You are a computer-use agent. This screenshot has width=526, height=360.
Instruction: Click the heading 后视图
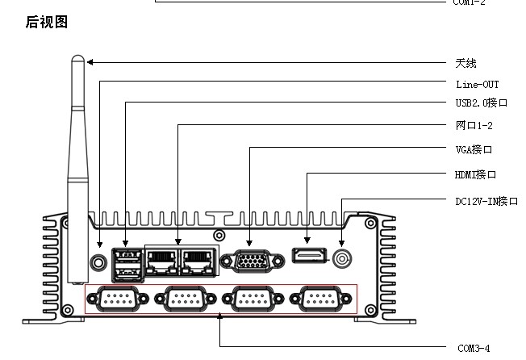pyautogui.click(x=47, y=22)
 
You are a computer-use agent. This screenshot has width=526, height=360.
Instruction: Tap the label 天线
pyautogui.click(x=465, y=63)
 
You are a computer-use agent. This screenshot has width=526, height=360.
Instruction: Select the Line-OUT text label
pyautogui.click(x=478, y=84)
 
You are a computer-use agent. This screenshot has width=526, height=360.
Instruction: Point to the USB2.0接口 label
pyautogui.click(x=482, y=104)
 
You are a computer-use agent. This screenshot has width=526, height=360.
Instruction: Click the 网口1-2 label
pyautogui.click(x=474, y=126)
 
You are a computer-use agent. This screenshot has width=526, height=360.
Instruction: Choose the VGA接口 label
pyautogui.click(x=474, y=149)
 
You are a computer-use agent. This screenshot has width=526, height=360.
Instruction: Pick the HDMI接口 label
pyautogui.click(x=476, y=174)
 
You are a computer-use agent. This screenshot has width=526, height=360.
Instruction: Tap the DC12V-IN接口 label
pyautogui.click(x=486, y=201)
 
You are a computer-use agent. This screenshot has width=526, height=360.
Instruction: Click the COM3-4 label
pyautogui.click(x=474, y=349)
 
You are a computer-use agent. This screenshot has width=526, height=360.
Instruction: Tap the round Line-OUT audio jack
pyautogui.click(x=99, y=262)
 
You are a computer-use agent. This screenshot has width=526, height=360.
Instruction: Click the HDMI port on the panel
pyautogui.click(x=307, y=258)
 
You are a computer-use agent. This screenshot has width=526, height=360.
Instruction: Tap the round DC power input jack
pyautogui.click(x=342, y=259)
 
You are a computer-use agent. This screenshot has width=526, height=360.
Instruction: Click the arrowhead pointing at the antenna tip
pyautogui.click(x=90, y=62)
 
